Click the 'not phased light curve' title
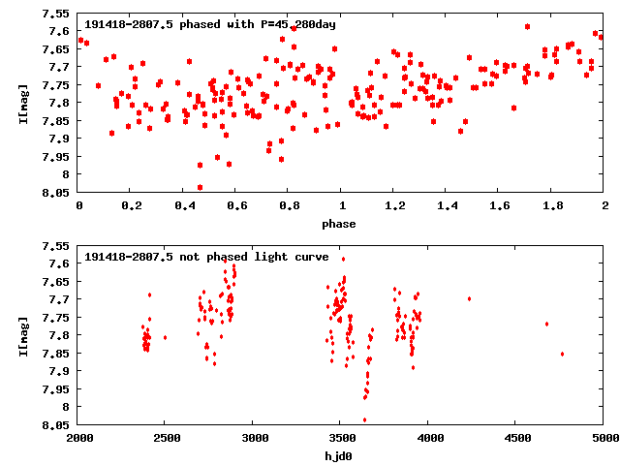point(206,257)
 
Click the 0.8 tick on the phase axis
point(289,206)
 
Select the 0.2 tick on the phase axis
point(132,206)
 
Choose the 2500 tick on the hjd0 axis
point(167,439)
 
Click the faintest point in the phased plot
point(200,187)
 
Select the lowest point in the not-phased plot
point(364,419)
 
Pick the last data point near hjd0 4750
point(562,354)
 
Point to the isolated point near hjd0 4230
point(469,298)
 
